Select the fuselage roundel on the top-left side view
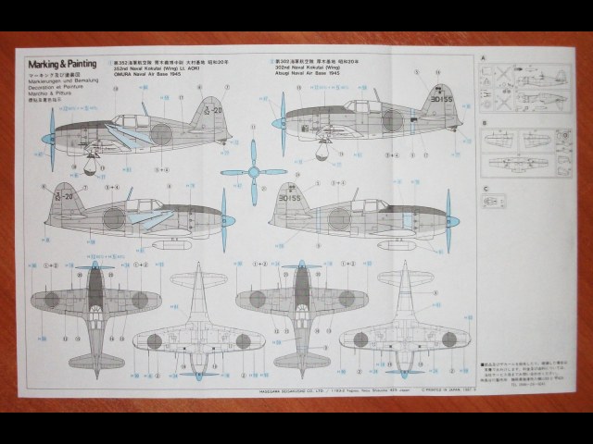click(x=163, y=133)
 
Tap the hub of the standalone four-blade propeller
click(x=253, y=172)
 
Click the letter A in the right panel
click(x=484, y=57)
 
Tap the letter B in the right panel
click(x=484, y=122)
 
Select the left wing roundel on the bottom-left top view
click(x=51, y=299)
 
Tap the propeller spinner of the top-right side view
click(x=278, y=122)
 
